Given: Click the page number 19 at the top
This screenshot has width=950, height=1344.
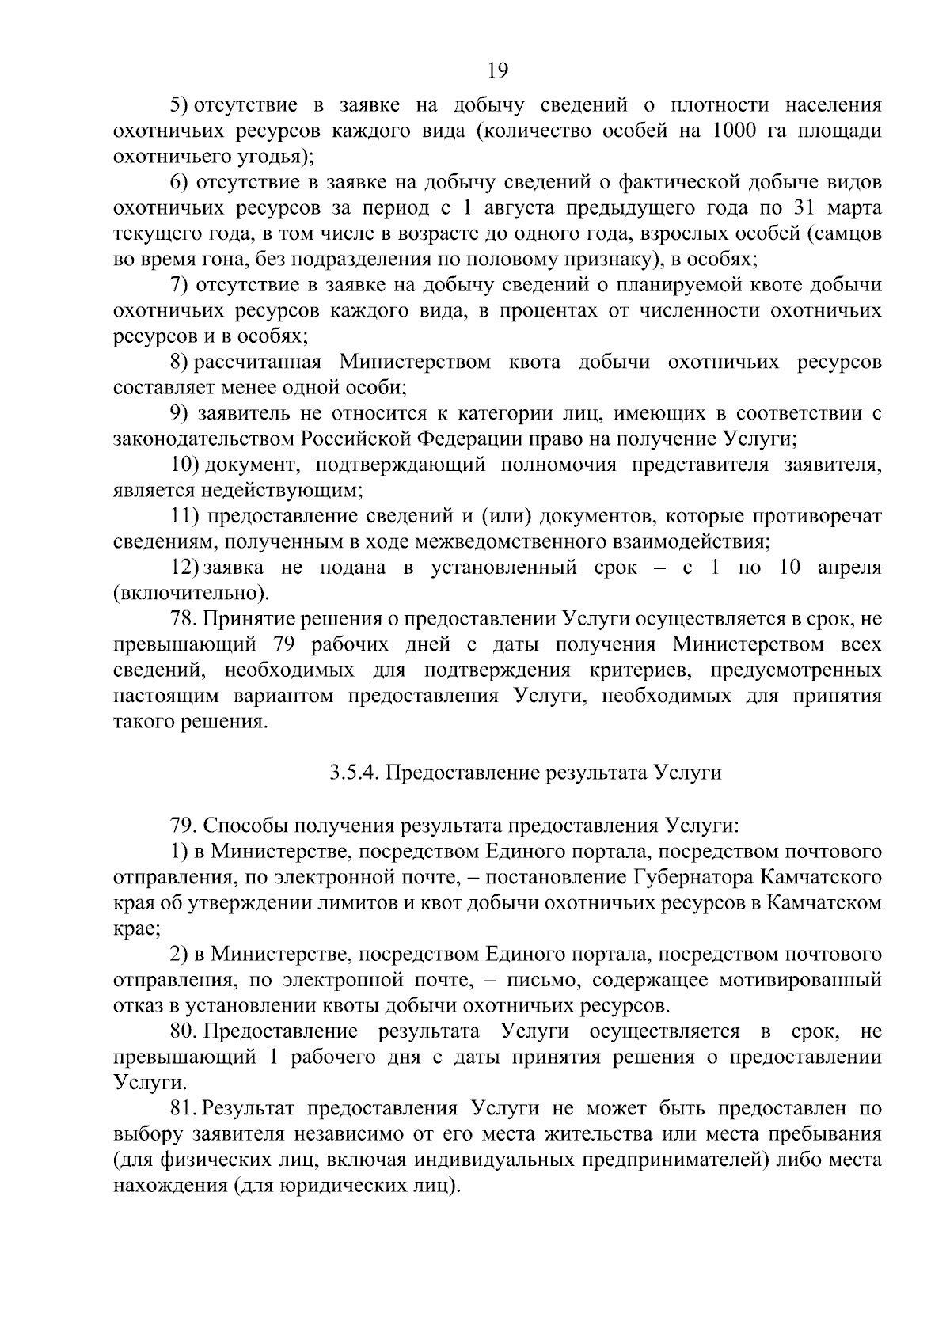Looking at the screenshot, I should [x=497, y=70].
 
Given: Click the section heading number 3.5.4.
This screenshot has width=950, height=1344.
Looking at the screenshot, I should [x=354, y=773].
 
